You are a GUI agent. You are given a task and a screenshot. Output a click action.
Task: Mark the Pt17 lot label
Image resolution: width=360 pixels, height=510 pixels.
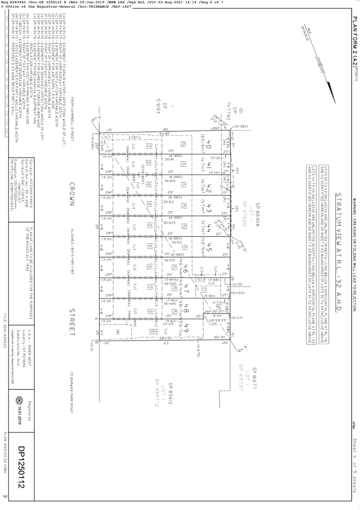point(188,287)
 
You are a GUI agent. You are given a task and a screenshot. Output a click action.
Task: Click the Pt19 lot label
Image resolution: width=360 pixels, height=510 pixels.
point(188,328)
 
